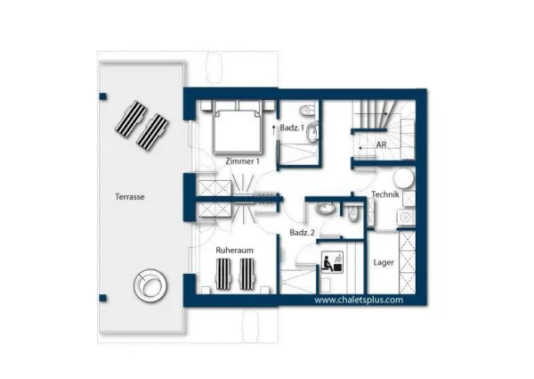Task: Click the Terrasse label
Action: [130, 195]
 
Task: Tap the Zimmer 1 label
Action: [242, 161]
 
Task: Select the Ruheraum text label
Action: [235, 251]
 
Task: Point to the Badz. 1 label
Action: [295, 130]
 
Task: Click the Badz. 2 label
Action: [301, 233]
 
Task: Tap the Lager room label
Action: [384, 262]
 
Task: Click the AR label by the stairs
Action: [381, 144]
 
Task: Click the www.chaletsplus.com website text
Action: [359, 300]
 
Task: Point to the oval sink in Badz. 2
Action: [324, 210]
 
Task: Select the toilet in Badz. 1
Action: [308, 111]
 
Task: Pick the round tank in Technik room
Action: [403, 177]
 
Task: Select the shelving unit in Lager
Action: [407, 263]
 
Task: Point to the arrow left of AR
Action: [359, 144]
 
